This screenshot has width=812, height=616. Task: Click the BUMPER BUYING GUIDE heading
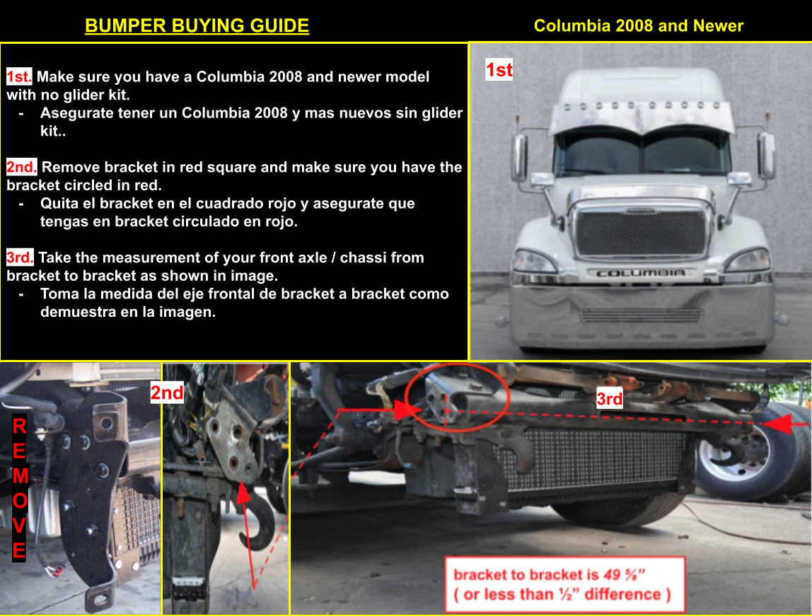197,26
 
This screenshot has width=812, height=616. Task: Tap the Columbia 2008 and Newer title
639,26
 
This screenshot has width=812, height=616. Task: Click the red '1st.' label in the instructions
19,76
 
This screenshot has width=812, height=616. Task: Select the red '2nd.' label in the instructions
21,167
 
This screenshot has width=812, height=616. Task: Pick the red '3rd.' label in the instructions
21,257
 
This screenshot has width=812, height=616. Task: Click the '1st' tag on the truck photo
499,69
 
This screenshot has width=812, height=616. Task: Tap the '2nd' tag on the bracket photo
167,393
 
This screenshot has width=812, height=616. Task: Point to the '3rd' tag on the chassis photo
610,399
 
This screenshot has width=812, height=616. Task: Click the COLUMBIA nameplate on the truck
640,273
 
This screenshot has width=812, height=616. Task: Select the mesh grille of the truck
641,233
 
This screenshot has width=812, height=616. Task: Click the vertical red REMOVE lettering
19,488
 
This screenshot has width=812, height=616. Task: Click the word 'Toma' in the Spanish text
58,294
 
